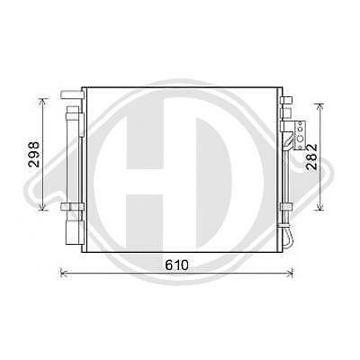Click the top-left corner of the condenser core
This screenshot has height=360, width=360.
click(x=84, y=88)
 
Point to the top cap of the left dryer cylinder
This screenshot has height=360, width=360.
click(x=71, y=105)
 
